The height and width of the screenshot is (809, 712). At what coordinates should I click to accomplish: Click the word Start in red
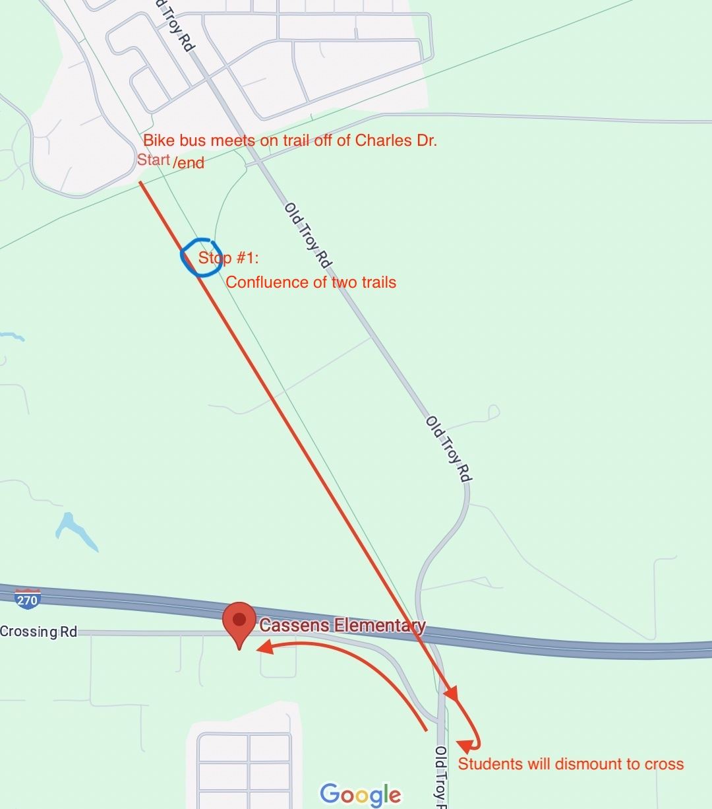point(154,160)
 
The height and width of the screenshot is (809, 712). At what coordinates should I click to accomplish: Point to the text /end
point(189,162)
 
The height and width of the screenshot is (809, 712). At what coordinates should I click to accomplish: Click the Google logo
point(360,794)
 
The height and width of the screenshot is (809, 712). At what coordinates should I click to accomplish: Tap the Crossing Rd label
point(38,631)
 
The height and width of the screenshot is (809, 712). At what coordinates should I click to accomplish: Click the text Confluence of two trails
point(311,282)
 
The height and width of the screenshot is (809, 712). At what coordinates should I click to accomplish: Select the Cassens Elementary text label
point(342,625)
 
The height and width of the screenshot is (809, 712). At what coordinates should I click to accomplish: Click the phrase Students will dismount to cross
point(571,764)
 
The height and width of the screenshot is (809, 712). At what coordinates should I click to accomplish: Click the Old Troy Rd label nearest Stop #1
point(307,236)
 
